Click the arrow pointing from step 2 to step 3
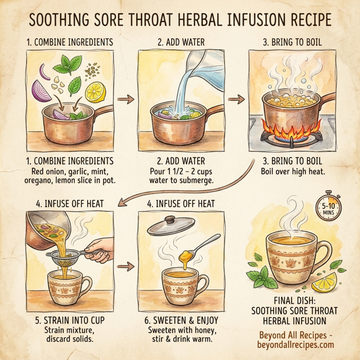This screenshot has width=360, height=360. (238, 97)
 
